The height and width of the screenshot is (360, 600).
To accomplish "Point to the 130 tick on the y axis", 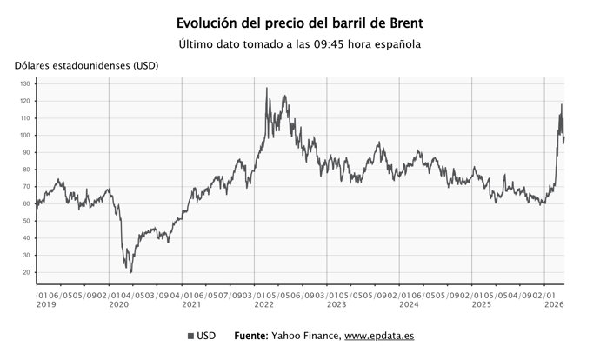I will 25,83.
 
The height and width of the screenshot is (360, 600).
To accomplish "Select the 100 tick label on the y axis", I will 25,135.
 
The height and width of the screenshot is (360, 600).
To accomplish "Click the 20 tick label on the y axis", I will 27,272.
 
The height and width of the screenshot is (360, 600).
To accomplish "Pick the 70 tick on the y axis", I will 27,187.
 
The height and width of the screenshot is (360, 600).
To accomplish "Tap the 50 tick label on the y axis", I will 27,221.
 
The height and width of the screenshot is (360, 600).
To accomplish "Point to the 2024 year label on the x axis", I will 408,305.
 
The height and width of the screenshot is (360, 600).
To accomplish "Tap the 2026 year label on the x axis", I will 553,305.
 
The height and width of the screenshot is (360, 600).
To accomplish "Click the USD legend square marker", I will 190,336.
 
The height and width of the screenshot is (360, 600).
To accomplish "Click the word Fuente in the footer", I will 257,336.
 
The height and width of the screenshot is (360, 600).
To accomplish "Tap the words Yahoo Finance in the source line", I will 310,336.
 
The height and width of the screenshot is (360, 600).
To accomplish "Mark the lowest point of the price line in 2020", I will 130,272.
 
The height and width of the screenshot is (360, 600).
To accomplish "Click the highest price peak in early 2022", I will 266,88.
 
